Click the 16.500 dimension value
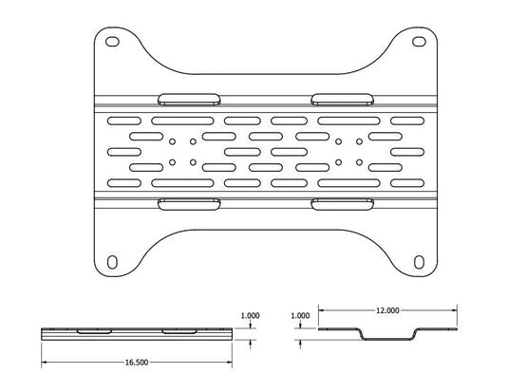pyautogui.click(x=137, y=363)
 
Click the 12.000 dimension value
pyautogui.click(x=387, y=310)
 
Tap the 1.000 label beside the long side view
pyautogui.click(x=250, y=315)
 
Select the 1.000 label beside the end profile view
pyautogui.click(x=300, y=315)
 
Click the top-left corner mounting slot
pyautogui.click(x=112, y=42)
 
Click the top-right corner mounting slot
pyautogui.click(x=419, y=42)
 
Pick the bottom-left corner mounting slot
pyautogui.click(x=112, y=262)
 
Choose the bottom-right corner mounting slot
pyautogui.click(x=419, y=262)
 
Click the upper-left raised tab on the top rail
pyautogui.click(x=189, y=100)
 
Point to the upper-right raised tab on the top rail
pyautogui.click(x=342, y=100)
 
